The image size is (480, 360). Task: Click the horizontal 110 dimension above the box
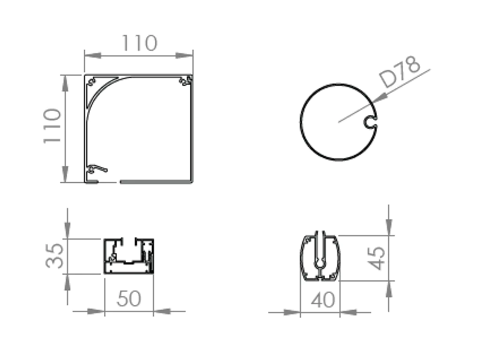coord(139,44)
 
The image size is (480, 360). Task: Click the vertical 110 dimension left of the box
coord(52,126)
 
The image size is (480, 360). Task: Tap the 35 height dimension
coord(56,255)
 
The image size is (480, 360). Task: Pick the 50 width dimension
coord(128,299)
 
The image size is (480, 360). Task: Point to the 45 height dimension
coord(377,258)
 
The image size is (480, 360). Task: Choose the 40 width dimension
coord(323,300)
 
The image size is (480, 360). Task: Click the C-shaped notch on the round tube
coord(370,122)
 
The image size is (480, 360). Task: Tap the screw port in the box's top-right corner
coord(185,81)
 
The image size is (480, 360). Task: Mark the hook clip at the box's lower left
coord(97,168)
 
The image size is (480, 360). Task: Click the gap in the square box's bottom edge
coord(109,181)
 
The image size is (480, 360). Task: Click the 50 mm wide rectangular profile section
coord(128,256)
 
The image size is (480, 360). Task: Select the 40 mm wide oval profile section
coord(319,257)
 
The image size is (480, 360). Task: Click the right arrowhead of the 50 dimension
coord(162,311)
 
